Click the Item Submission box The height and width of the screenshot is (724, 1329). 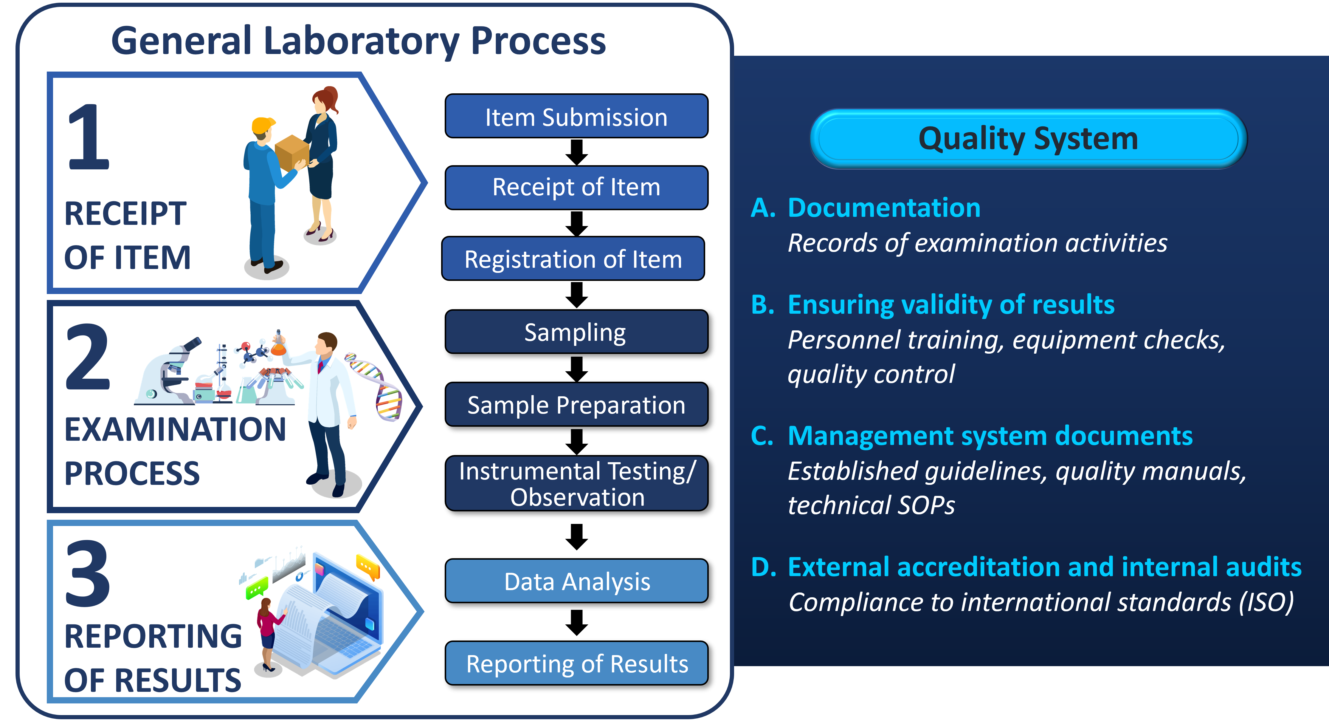point(576,116)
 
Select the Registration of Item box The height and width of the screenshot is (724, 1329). point(573,259)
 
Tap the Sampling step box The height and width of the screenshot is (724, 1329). point(576,332)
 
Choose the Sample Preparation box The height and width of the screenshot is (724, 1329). point(576,405)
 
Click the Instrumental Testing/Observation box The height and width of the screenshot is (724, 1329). point(576,484)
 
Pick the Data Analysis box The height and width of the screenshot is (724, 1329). point(576,581)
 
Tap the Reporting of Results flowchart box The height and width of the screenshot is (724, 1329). point(576,663)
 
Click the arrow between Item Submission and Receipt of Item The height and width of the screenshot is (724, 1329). point(577,152)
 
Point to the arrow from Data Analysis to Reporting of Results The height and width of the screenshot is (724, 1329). point(577,622)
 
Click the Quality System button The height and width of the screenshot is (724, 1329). point(1028,139)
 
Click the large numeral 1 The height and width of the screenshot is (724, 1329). point(89,137)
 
